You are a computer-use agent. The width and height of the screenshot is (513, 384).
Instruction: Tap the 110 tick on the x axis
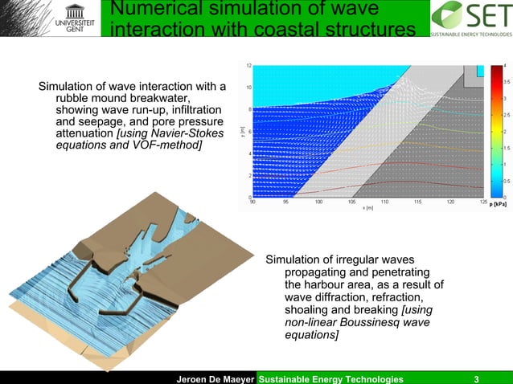point(384,202)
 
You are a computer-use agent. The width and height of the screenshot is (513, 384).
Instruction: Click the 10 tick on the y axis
point(250,87)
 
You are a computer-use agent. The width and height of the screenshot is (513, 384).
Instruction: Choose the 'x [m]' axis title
point(367,208)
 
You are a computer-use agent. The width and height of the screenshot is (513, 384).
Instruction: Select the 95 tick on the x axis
point(285,202)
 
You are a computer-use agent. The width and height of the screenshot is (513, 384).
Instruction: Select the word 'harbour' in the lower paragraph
point(309,284)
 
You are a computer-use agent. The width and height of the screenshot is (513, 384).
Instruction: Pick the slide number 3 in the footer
point(477,378)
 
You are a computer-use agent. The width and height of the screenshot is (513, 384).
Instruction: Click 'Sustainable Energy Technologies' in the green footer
point(330,378)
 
